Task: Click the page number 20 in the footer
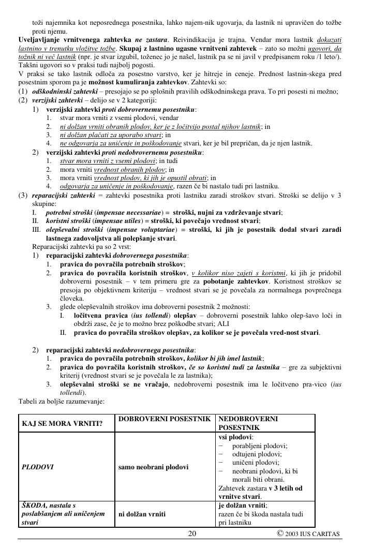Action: (192, 533)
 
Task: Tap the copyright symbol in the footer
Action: (279, 533)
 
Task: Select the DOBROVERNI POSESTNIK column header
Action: (163, 419)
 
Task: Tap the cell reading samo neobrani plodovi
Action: (153, 467)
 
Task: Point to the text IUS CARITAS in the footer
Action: (320, 534)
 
